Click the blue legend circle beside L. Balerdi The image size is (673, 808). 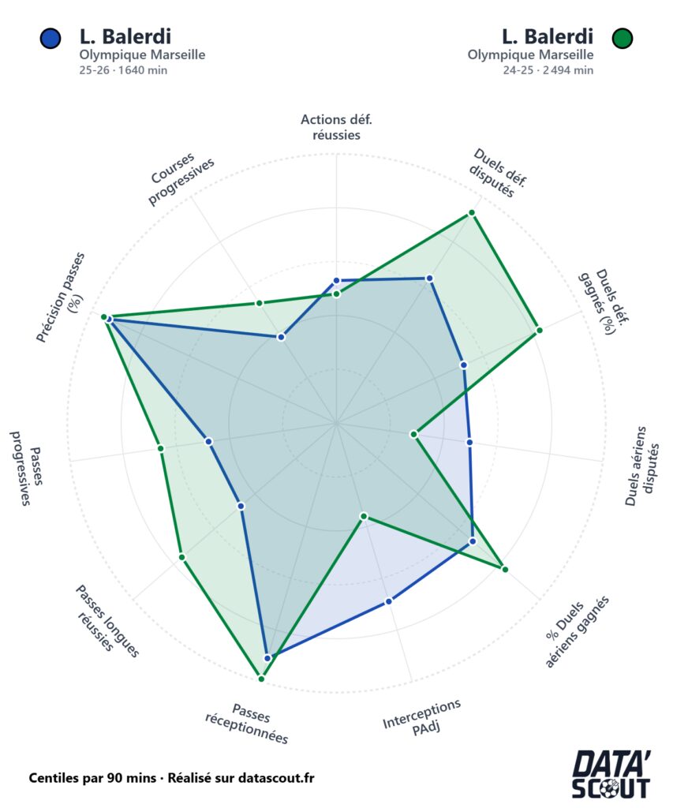click(x=50, y=38)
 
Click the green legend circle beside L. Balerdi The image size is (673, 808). click(x=622, y=38)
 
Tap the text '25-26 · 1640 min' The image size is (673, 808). click(x=123, y=70)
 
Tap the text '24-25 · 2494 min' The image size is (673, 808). click(x=548, y=70)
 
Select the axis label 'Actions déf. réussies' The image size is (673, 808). click(x=336, y=127)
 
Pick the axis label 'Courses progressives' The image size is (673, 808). click(x=181, y=178)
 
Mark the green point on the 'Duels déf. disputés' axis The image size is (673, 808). click(x=472, y=213)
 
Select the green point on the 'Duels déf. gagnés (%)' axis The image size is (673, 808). click(x=539, y=330)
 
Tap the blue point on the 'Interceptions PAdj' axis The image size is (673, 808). click(x=389, y=600)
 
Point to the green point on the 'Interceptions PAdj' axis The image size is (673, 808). click(x=364, y=516)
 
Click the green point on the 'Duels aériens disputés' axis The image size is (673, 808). click(x=413, y=435)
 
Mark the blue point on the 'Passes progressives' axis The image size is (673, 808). click(x=209, y=442)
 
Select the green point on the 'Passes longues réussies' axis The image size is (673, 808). click(x=182, y=557)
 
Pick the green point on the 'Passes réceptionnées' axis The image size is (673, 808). click(x=261, y=679)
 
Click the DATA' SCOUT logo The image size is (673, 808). click(x=611, y=775)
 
